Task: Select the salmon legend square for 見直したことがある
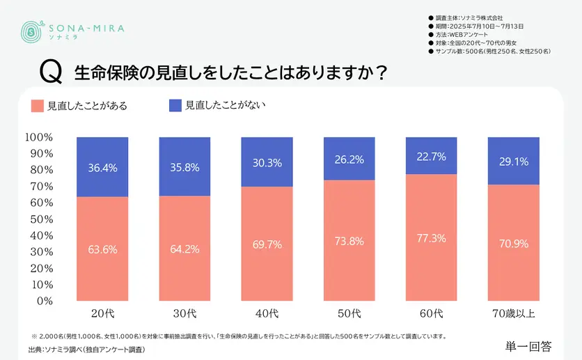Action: click(38, 106)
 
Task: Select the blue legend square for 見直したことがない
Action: click(175, 105)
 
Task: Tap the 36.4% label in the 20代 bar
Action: click(102, 168)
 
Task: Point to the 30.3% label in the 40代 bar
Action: click(267, 163)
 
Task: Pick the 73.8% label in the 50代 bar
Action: click(349, 242)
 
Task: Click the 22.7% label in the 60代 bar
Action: click(431, 157)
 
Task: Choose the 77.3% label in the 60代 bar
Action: click(431, 238)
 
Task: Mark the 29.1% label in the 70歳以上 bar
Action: click(513, 162)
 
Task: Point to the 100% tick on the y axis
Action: click(38, 137)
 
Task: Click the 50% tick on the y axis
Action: click(41, 219)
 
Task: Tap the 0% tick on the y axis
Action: click(44, 301)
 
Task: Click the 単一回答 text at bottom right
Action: click(529, 345)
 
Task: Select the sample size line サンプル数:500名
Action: click(491, 52)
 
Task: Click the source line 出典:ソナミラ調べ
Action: click(88, 349)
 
